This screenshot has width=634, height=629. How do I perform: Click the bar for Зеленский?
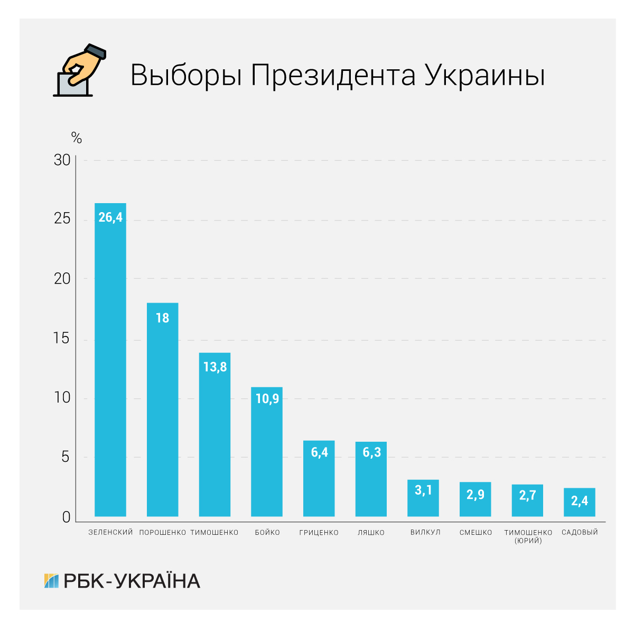coord(110,360)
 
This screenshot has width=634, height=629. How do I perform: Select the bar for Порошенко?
coord(162,409)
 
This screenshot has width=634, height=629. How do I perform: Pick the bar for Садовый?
coord(580,502)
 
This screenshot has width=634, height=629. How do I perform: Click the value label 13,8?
coord(215,367)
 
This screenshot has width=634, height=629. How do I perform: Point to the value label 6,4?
coord(319,453)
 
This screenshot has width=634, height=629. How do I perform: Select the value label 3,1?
coord(423,490)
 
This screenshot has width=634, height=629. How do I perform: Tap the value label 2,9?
coord(475,495)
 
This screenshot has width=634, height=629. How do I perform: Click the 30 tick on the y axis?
coord(62,160)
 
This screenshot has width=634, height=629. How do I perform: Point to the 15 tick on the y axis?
coord(62,339)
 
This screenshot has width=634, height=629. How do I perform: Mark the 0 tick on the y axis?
coord(66,517)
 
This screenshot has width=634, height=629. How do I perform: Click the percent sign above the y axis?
coord(77,139)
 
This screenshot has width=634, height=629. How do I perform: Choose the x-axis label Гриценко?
coord(319,533)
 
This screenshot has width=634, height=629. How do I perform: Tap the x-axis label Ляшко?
coord(371,533)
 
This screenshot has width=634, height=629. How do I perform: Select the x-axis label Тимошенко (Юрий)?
coord(528,536)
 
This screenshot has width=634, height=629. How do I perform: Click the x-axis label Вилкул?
coord(425,533)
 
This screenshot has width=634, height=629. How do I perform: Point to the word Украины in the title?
coord(484,75)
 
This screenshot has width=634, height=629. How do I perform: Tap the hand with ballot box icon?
coord(80,71)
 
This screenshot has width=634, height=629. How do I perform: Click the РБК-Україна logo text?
coord(132,581)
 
